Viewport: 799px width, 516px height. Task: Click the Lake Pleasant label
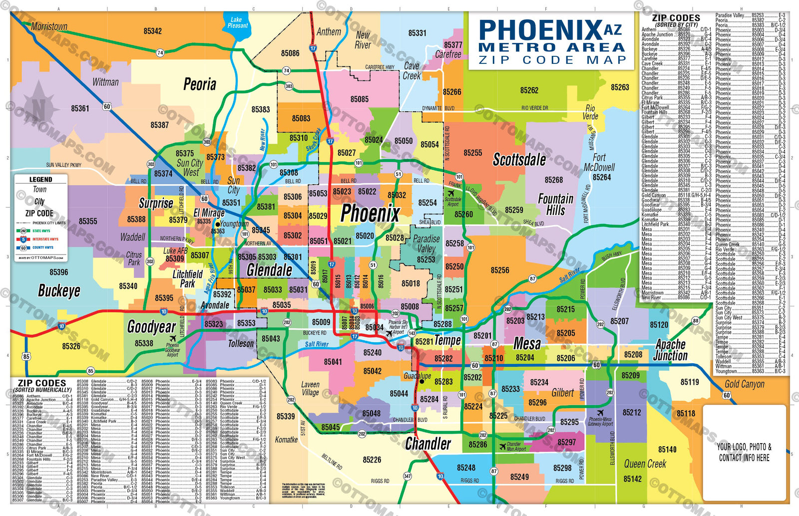tap(237, 22)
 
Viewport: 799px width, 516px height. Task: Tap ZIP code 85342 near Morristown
tap(152, 31)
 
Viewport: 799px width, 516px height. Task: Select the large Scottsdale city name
tap(519, 160)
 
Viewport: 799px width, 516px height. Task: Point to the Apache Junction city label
tap(671, 350)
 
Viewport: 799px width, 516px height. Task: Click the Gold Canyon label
tap(744, 384)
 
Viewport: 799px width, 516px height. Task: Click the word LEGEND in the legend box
tap(40, 180)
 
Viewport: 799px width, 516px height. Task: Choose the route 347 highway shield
tap(407, 476)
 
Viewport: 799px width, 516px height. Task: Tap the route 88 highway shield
tap(695, 321)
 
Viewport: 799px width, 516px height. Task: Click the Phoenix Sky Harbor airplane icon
tap(389, 333)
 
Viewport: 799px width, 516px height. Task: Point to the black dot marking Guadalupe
tap(421, 381)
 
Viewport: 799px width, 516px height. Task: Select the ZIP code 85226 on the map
tap(372, 460)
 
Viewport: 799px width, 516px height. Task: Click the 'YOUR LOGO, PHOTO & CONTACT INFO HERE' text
tap(744, 452)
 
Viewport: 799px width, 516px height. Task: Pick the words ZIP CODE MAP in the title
tap(552, 60)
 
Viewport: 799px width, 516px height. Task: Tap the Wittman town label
tap(105, 82)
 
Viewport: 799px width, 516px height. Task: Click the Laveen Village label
tap(310, 388)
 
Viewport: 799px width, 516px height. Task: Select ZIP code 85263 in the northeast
tap(620, 87)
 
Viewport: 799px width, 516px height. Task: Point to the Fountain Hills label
tap(555, 205)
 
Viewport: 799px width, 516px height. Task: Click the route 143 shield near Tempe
tap(412, 333)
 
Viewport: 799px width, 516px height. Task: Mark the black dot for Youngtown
tap(218, 225)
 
